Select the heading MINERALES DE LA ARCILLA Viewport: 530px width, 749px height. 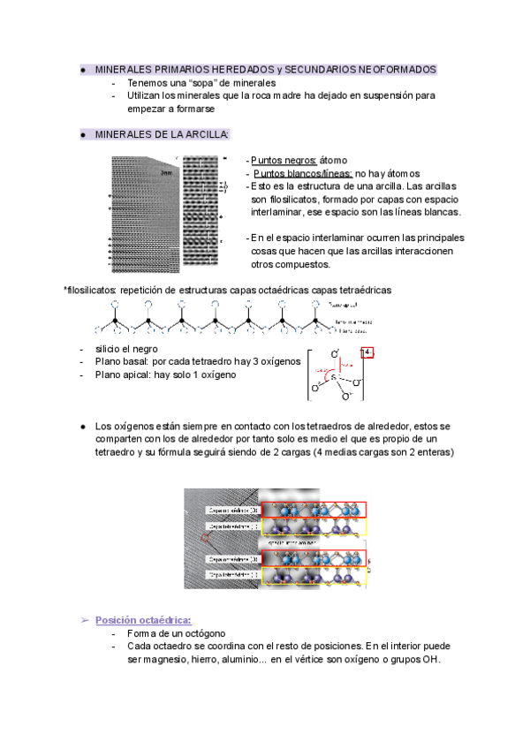coord(162,134)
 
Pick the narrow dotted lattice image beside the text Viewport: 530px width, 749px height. coord(202,214)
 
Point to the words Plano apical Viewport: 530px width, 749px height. coord(124,374)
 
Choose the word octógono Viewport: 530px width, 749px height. coord(202,633)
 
